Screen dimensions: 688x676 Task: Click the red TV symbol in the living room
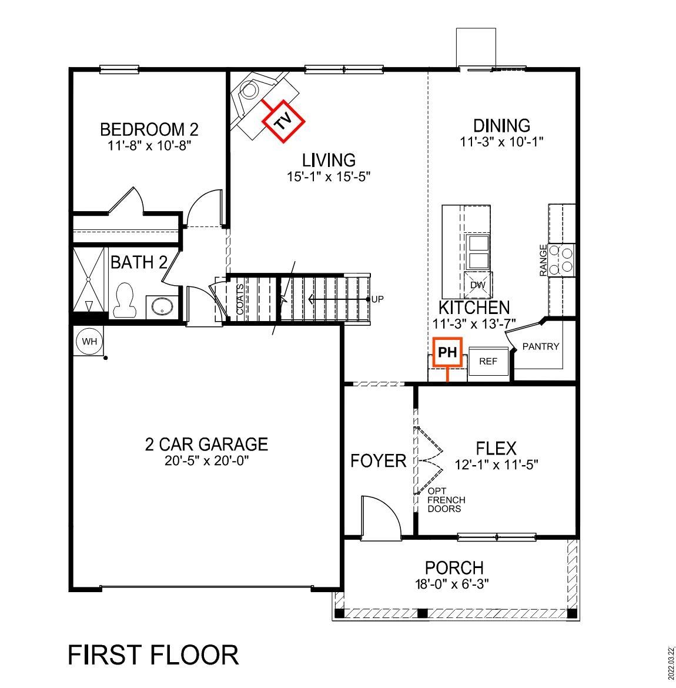coord(283,121)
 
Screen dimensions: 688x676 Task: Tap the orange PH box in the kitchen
coord(447,352)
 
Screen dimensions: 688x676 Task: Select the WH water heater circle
coord(89,342)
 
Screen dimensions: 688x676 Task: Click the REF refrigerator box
coord(488,361)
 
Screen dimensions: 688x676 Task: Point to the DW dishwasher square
coord(477,285)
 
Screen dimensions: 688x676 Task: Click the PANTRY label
coord(540,346)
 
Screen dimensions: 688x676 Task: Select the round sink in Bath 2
coord(161,306)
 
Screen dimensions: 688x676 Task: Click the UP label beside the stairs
coord(377,299)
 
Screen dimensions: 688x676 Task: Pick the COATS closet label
coord(240,299)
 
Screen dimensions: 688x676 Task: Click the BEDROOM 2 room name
coord(149,129)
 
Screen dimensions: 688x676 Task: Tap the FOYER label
coord(378,460)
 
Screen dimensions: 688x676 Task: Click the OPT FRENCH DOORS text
coord(446,500)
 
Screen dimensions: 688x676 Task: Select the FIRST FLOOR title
coord(153,654)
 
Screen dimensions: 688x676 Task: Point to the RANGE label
coord(543,260)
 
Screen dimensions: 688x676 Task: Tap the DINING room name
coord(501,125)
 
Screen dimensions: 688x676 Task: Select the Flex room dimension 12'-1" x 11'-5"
coord(497,464)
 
